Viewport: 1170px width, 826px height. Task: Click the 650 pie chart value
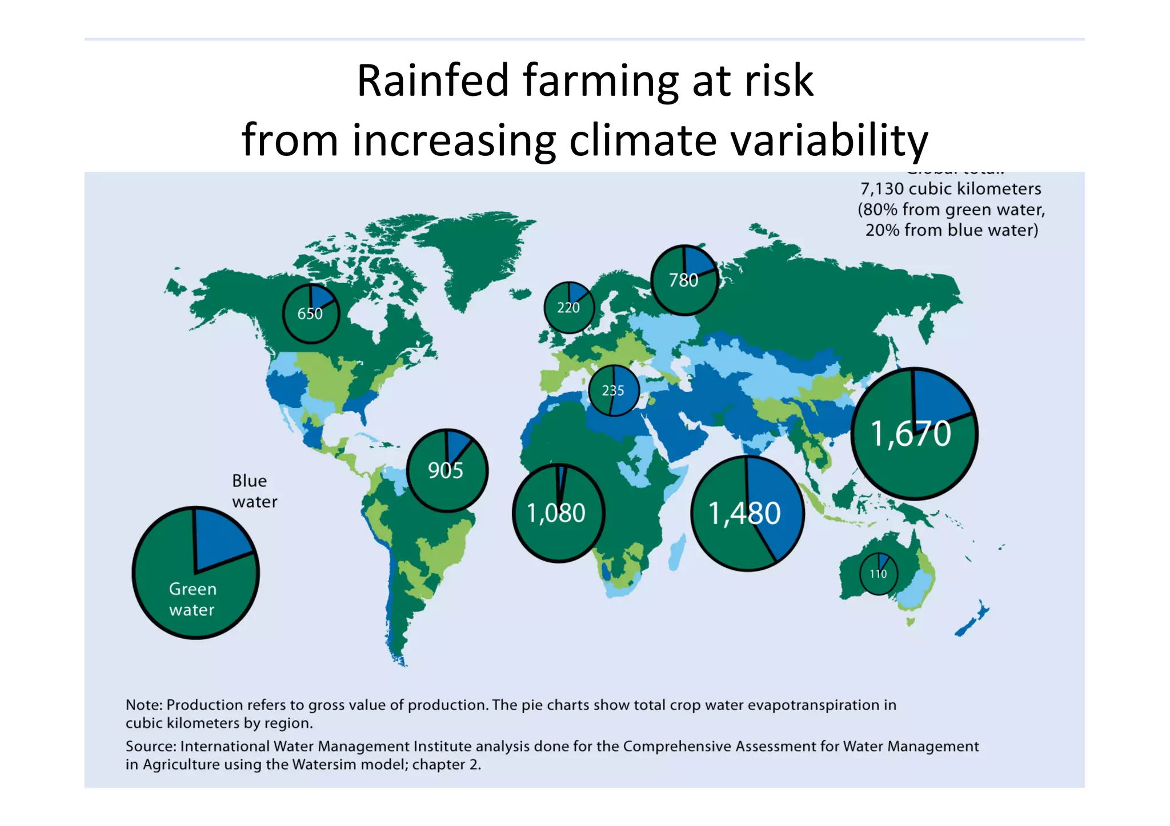click(x=310, y=313)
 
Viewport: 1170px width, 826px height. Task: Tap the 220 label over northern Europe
click(x=568, y=308)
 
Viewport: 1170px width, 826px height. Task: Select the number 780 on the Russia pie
click(x=683, y=280)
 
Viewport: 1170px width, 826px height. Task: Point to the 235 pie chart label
click(x=613, y=390)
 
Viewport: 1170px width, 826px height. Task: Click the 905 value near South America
click(x=446, y=470)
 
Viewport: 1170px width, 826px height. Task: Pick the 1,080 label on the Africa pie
click(x=556, y=513)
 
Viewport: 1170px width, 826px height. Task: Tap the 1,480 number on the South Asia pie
click(x=744, y=513)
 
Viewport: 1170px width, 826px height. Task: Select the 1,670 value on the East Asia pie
click(x=911, y=433)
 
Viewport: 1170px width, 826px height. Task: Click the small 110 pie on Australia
click(x=878, y=574)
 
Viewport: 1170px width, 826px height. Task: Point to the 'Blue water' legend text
click(x=254, y=491)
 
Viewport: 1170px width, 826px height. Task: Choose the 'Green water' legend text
click(x=193, y=599)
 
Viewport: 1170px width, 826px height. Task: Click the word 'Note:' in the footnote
click(x=144, y=705)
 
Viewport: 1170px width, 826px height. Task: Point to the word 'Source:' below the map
click(x=151, y=746)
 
